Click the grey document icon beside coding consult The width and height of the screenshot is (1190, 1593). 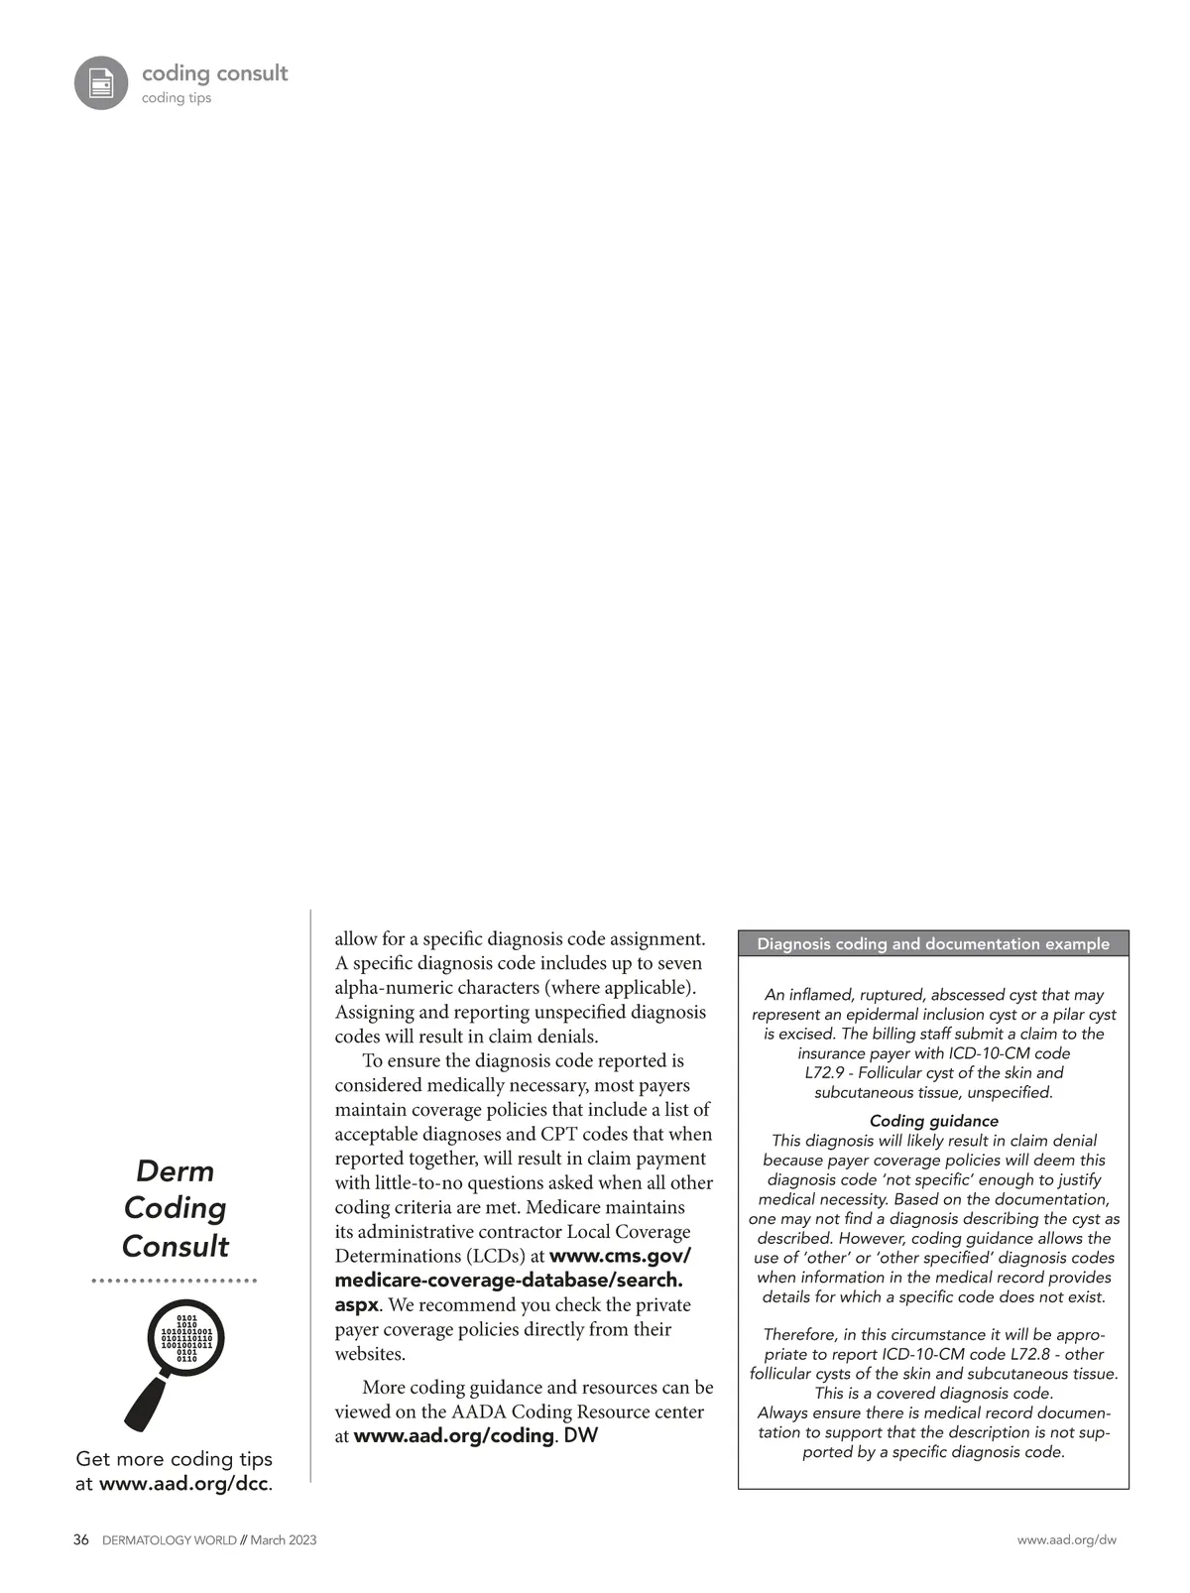click(x=101, y=82)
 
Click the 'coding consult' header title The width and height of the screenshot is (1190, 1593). click(x=214, y=73)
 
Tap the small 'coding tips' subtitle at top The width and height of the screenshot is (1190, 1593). click(x=177, y=98)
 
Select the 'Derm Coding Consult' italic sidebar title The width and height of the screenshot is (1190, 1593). click(x=176, y=1208)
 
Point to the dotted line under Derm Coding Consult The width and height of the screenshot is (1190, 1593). click(x=175, y=1282)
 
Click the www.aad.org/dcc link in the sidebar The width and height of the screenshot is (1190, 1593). click(x=184, y=1484)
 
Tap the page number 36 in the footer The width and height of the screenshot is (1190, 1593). click(x=81, y=1540)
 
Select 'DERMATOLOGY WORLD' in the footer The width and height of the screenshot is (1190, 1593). click(x=170, y=1540)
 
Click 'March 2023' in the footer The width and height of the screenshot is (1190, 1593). click(x=284, y=1540)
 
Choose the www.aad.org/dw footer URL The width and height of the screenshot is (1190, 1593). click(x=1066, y=1540)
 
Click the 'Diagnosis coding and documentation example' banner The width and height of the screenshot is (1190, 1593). click(x=933, y=944)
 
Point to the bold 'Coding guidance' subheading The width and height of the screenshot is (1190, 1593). click(x=933, y=1121)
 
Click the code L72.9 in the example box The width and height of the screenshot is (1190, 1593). click(x=823, y=1073)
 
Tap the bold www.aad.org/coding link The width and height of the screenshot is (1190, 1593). click(x=453, y=1436)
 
